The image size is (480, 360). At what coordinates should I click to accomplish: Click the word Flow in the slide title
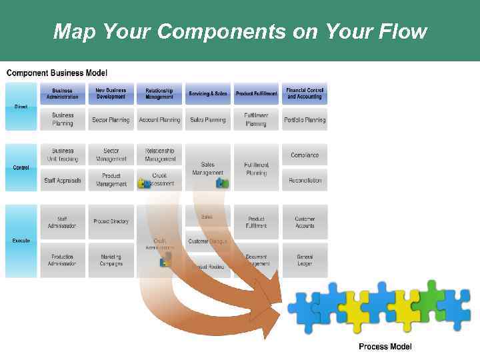tap(399, 31)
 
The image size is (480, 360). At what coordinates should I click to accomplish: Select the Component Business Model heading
tap(57, 73)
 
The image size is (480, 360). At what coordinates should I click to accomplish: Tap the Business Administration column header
tap(63, 93)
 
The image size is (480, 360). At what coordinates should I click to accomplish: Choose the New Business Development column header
tap(111, 93)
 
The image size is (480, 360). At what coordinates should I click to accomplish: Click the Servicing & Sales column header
tap(207, 93)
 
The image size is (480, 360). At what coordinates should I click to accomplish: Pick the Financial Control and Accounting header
tap(305, 93)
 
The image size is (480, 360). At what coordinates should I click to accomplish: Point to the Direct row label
tap(21, 107)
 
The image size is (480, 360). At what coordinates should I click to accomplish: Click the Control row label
tap(21, 167)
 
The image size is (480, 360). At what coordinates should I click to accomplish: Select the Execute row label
tap(21, 240)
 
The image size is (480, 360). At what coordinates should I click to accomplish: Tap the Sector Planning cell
tap(111, 120)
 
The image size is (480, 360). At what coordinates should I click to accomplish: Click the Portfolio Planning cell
tap(305, 120)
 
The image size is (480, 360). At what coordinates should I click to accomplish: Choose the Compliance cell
tap(305, 155)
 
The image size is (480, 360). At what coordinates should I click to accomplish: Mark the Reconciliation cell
tap(305, 180)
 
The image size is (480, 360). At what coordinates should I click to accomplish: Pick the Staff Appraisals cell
tap(63, 180)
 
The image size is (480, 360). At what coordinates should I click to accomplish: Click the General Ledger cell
tap(305, 260)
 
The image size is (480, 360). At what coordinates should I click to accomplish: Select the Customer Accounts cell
tap(305, 222)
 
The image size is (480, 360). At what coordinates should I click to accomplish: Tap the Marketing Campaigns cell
tap(111, 260)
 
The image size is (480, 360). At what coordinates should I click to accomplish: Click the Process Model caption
tap(385, 346)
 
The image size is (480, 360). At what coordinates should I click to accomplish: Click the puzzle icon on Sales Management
tap(222, 181)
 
